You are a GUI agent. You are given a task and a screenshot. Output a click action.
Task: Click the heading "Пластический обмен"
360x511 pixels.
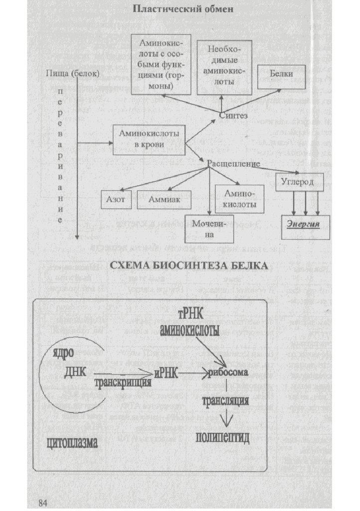(182, 9)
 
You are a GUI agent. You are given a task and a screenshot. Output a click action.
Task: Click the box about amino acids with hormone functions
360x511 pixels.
(161, 64)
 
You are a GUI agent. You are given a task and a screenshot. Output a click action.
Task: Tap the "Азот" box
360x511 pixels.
(116, 199)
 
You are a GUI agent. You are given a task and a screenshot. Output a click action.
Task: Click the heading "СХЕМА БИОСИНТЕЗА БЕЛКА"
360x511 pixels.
(189, 266)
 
